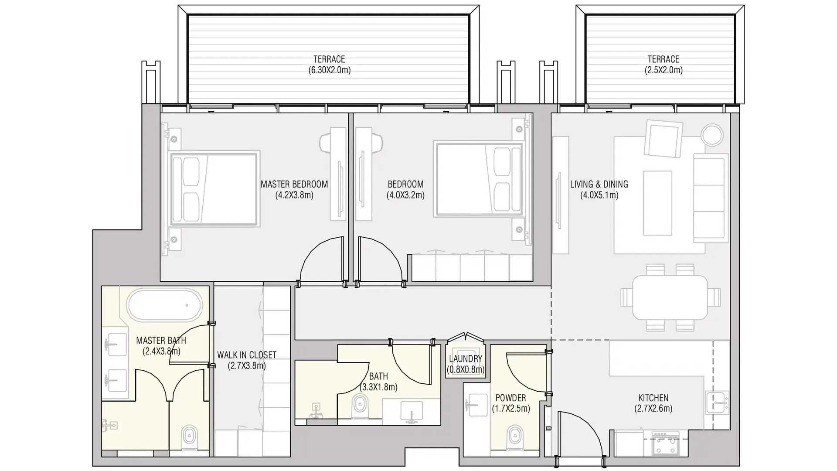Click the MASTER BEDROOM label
click(294, 184)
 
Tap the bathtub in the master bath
click(165, 305)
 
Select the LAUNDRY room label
click(466, 359)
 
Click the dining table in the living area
click(670, 297)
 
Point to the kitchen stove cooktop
click(665, 443)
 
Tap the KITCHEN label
click(653, 398)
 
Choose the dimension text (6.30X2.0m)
click(329, 70)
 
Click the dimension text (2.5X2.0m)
click(663, 70)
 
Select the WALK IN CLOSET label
click(247, 355)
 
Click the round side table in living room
click(712, 135)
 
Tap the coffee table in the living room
click(657, 203)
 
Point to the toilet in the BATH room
click(360, 406)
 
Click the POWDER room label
click(510, 398)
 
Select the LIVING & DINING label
click(599, 184)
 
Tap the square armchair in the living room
click(663, 139)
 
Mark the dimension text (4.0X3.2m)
click(405, 195)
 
